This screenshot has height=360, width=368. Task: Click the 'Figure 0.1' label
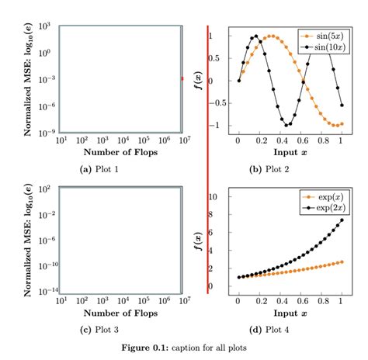[x=147, y=348]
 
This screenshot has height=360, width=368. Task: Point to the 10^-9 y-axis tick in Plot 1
[x=41, y=130]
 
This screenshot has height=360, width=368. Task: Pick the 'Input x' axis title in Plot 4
[x=289, y=313]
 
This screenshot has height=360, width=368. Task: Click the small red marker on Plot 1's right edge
[x=182, y=78]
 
